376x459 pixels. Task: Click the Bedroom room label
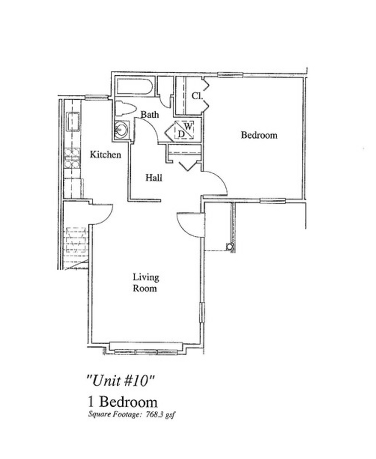(259, 135)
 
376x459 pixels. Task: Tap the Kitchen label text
(105, 155)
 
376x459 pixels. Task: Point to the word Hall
(154, 178)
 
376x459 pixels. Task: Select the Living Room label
(146, 283)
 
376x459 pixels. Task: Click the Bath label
(150, 114)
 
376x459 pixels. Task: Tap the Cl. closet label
(196, 96)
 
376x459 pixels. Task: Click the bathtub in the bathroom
(134, 87)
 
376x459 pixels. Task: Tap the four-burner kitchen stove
(72, 158)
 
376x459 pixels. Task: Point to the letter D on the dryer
(181, 134)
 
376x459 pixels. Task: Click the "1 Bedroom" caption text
(122, 401)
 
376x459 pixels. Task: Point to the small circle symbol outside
(230, 246)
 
